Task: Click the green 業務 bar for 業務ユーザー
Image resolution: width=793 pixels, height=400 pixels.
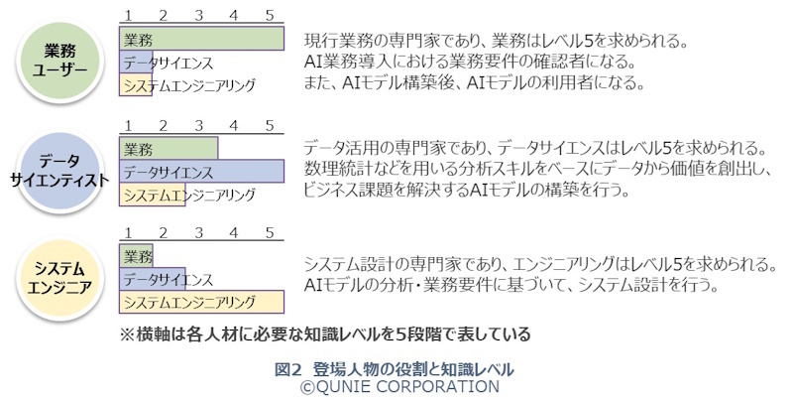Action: tap(202, 41)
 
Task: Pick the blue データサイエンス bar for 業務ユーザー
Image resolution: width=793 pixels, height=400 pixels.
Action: tap(137, 64)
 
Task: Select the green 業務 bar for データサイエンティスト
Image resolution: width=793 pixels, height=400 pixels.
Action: tap(169, 150)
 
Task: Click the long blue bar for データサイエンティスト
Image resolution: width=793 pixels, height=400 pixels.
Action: tap(202, 172)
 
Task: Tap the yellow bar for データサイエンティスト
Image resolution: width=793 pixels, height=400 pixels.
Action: tap(152, 195)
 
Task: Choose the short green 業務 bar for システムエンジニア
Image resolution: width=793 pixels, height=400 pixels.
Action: tap(137, 256)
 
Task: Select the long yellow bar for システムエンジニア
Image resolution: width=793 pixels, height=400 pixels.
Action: tap(202, 301)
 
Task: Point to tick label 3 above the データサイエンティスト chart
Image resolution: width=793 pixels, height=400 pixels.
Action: tap(199, 125)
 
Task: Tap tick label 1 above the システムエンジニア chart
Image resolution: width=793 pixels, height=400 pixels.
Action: tap(126, 233)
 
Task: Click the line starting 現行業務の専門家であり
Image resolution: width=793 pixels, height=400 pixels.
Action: tap(496, 42)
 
